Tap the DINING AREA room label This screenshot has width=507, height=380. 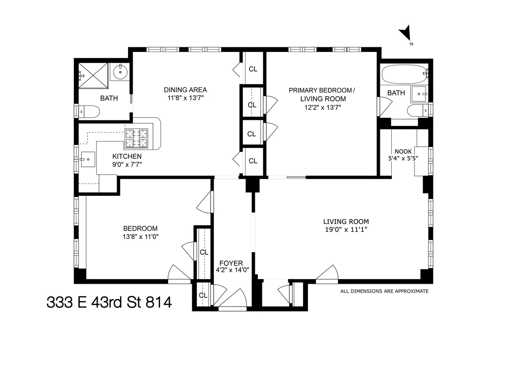click(185, 90)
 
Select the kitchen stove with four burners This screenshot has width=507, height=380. click(137, 138)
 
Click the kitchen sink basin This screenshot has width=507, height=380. click(88, 160)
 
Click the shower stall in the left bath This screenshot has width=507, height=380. click(93, 76)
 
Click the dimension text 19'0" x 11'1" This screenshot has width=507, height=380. click(346, 230)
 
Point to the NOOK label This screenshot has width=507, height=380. click(403, 152)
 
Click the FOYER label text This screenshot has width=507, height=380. click(231, 263)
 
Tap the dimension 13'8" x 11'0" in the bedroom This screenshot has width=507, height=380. click(141, 237)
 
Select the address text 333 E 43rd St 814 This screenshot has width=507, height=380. click(109, 302)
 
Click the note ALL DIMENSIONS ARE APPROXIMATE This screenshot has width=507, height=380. click(384, 291)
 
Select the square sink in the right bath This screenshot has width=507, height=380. click(420, 92)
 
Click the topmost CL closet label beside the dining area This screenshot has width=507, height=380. click(253, 69)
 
